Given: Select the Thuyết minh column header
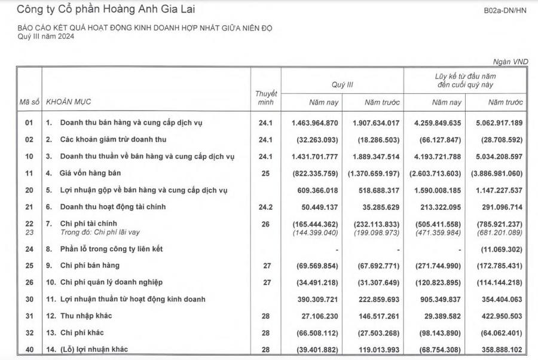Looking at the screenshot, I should pyautogui.click(x=266, y=98).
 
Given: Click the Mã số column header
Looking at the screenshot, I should pyautogui.click(x=29, y=102).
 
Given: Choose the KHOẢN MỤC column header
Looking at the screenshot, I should pyautogui.click(x=69, y=102).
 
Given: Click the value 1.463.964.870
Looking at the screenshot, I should pyautogui.click(x=315, y=123).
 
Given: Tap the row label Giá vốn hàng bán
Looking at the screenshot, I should pyautogui.click(x=94, y=173).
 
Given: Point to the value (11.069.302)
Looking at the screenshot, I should pyautogui.click(x=497, y=248).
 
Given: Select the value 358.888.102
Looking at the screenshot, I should pyautogui.click(x=497, y=349).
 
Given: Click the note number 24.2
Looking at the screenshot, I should pyautogui.click(x=266, y=207).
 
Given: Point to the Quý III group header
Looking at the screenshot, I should pyautogui.click(x=343, y=85).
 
